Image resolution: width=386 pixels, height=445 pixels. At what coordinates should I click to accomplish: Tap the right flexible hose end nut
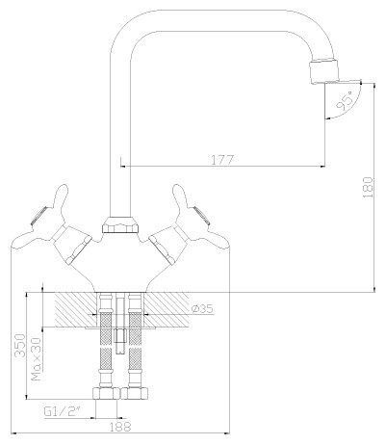[136, 393]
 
